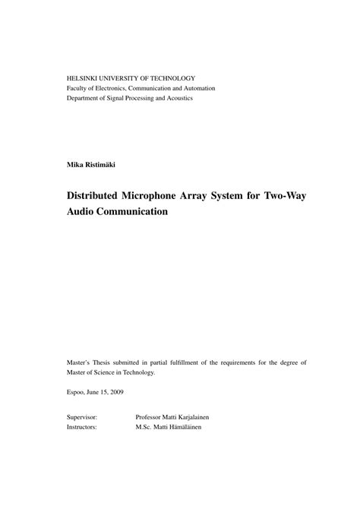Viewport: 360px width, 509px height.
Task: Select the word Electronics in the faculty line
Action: [x=112, y=88]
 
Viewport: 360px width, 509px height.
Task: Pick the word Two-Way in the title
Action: [x=283, y=195]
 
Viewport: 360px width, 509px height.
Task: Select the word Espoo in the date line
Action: [x=77, y=392]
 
